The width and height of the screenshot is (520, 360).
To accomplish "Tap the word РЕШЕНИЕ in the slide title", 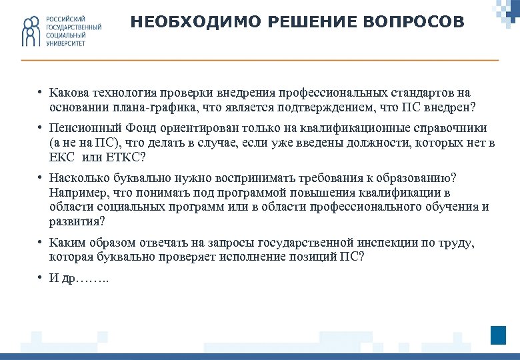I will pyautogui.click(x=305, y=23).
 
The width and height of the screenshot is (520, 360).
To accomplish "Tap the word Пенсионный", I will pyautogui.click(x=79, y=128).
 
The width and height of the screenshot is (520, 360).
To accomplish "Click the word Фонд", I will pyautogui.click(x=128, y=128).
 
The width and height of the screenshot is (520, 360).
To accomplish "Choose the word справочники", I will pyautogui.click(x=452, y=128).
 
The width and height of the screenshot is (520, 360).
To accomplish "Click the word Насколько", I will pyautogui.click(x=76, y=179).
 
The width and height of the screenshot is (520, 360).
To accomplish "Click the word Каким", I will pyautogui.click(x=66, y=243).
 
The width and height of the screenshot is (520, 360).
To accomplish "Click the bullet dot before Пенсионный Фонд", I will pyautogui.click(x=41, y=128).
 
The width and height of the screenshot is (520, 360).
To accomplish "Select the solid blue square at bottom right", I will pyautogui.click(x=498, y=335).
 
